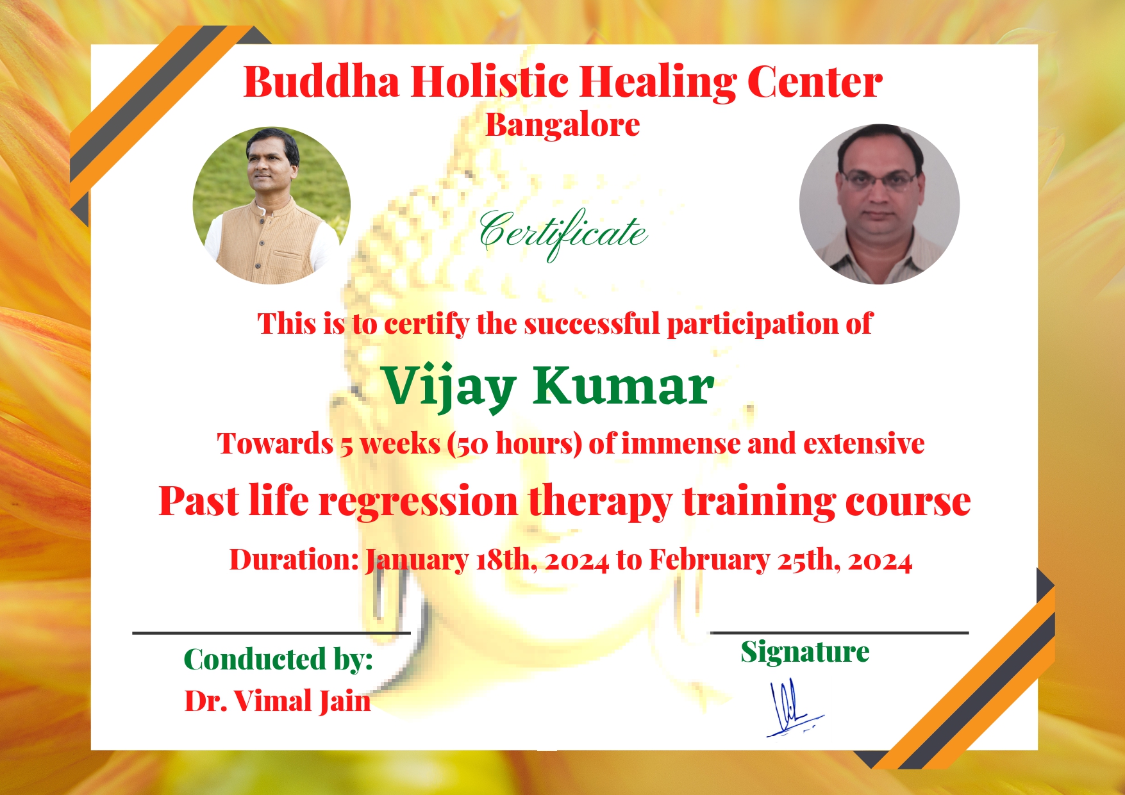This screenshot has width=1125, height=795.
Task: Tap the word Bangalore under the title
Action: [x=562, y=126]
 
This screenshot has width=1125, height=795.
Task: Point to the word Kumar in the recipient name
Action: [x=623, y=386]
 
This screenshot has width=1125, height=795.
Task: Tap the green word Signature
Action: [x=805, y=653]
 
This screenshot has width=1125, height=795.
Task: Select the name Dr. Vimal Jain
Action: [x=278, y=701]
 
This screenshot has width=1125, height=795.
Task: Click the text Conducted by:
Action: [x=278, y=659]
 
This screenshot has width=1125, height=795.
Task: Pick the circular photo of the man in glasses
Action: [x=879, y=204]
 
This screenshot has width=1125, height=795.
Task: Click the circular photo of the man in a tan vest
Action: [x=272, y=206]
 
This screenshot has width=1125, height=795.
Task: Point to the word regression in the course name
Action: [x=419, y=501]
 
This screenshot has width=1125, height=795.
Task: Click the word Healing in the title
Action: [x=658, y=83]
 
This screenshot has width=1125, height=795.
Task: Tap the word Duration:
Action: [x=294, y=560]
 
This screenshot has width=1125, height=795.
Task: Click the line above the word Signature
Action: [x=840, y=632]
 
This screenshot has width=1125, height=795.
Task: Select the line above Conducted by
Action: [x=271, y=633]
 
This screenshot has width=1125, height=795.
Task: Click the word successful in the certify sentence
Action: [x=592, y=324]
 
